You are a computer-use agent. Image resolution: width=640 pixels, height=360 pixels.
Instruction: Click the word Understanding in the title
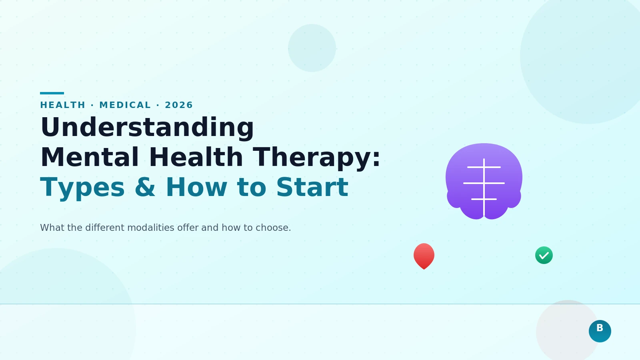pos(147,128)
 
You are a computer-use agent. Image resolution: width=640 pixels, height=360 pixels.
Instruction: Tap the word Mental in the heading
pos(90,157)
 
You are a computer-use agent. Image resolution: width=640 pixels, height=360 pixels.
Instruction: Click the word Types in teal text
pos(82,187)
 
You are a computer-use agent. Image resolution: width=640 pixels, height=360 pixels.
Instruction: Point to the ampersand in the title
pos(145,187)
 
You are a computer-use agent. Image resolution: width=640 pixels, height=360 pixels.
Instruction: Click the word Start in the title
pos(312,187)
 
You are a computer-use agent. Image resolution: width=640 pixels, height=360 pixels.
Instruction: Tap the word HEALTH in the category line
pos(63,105)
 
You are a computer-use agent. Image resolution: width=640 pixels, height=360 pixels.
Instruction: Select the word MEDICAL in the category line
pos(125,105)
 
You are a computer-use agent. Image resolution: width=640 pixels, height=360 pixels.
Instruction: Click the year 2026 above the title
pos(179,105)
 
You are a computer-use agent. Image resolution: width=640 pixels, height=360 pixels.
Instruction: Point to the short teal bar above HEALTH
pos(52,93)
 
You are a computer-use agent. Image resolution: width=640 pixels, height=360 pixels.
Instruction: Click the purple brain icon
pos(484,181)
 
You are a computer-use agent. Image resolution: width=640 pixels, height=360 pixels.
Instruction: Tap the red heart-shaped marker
pos(424,256)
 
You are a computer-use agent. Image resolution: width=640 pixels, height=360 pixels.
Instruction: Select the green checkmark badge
pos(544,255)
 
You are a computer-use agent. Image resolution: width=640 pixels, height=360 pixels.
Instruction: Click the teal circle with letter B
pos(600,331)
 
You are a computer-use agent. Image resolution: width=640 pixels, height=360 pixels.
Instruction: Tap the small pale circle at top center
pos(312,48)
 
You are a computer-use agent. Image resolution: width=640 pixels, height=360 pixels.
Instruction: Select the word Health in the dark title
pos(196,157)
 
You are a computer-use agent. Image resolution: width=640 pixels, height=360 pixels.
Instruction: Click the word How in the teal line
pos(196,187)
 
